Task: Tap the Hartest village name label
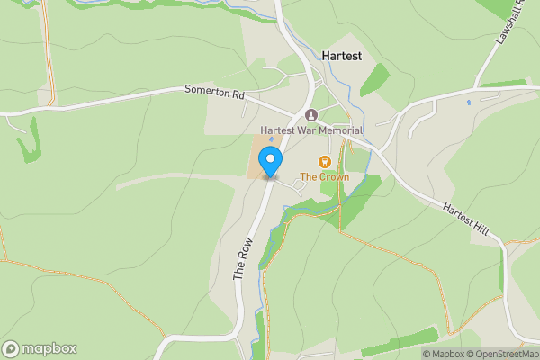point(341,56)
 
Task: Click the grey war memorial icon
point(311,115)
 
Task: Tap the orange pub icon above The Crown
point(325,162)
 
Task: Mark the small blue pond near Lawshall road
point(468,103)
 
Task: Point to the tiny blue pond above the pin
point(271,139)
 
